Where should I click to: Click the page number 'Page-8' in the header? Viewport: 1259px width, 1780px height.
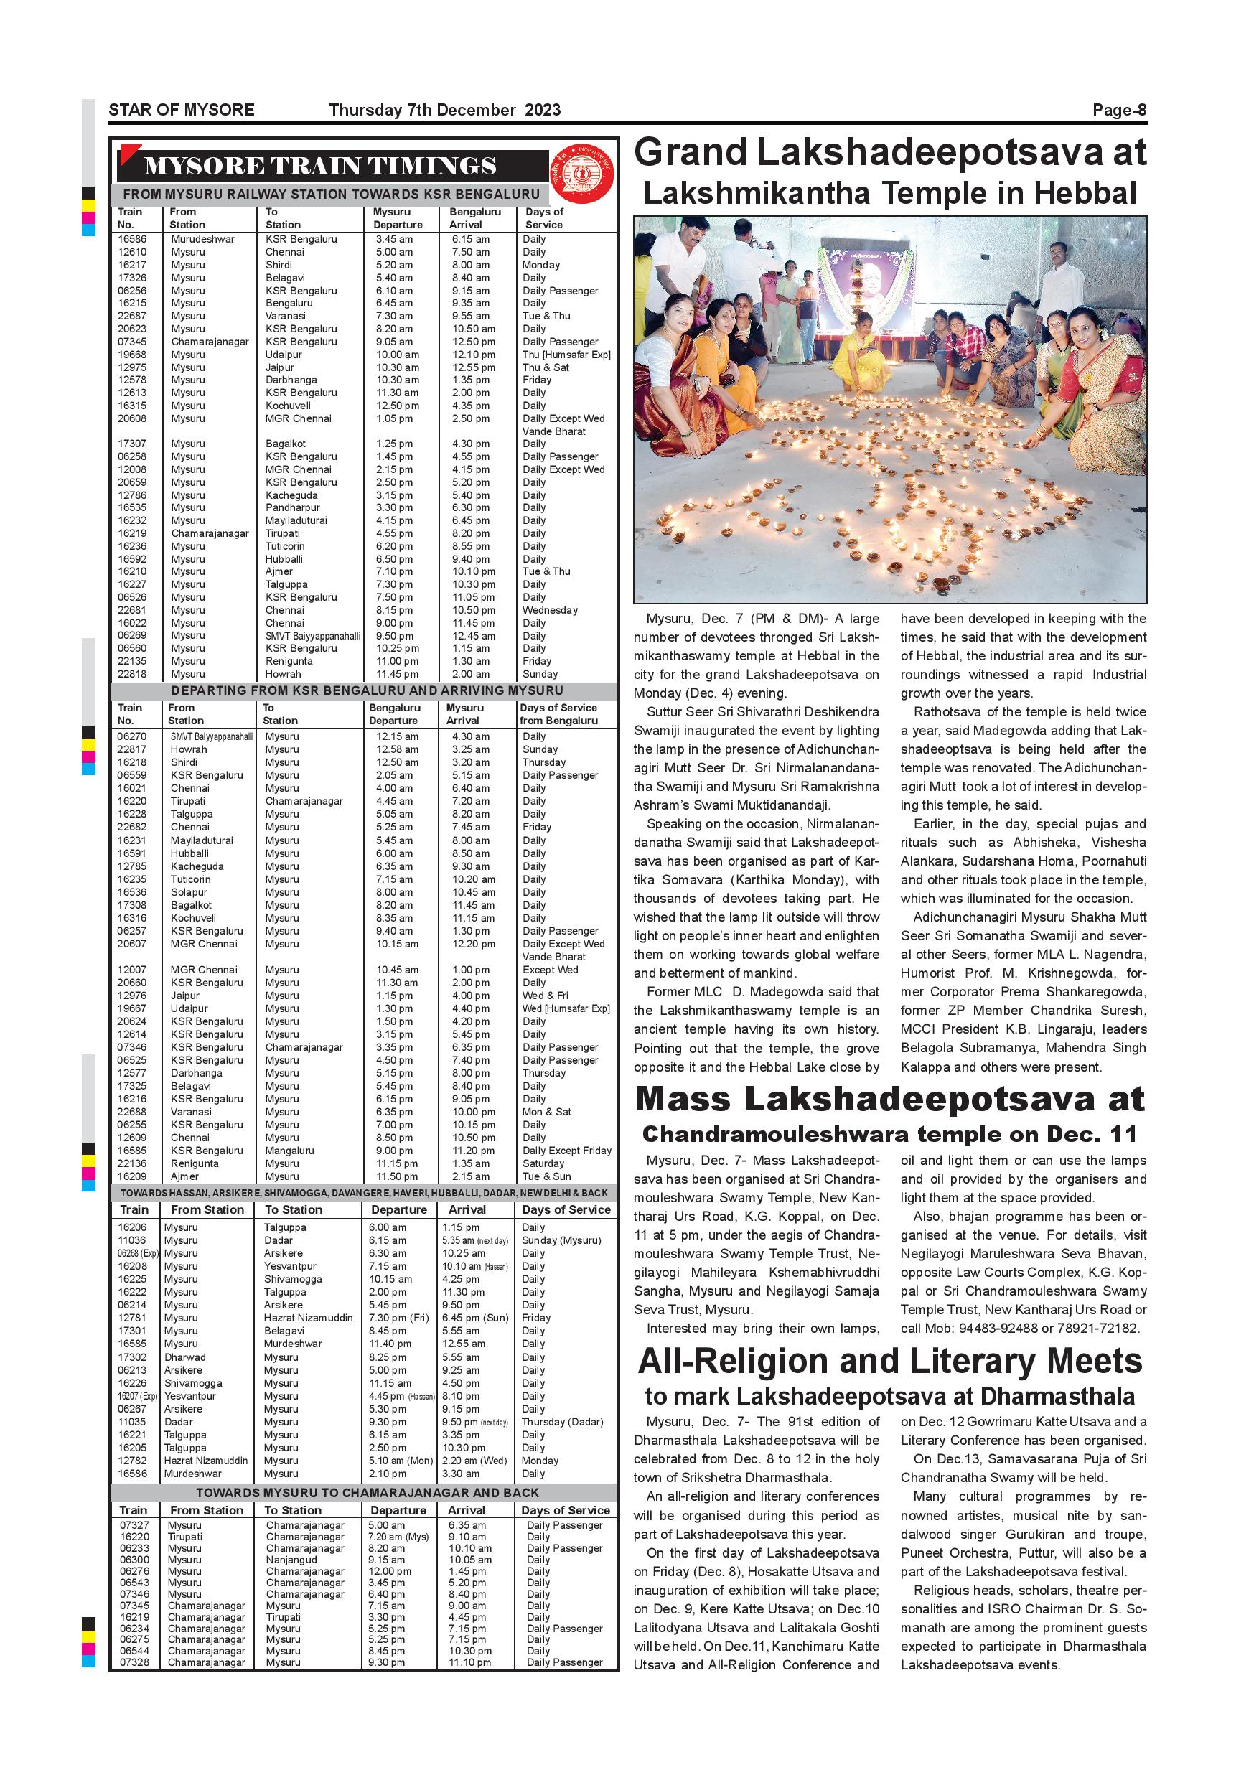click(1119, 110)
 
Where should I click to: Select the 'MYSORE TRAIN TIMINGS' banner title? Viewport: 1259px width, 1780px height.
click(320, 166)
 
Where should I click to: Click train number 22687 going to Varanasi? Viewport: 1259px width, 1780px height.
click(132, 317)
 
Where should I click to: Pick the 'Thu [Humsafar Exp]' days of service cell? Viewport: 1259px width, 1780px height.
click(566, 355)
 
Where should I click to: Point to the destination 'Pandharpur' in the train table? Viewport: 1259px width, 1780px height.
click(292, 507)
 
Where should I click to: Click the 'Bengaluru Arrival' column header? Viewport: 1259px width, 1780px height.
click(474, 218)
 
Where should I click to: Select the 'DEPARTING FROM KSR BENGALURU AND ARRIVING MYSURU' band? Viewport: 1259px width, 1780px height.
click(367, 690)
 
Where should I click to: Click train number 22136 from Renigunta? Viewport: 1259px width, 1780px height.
click(131, 1163)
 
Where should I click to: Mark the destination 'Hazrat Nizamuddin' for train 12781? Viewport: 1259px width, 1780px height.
click(308, 1318)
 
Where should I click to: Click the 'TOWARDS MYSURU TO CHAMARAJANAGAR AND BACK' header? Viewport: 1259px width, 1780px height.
click(367, 1492)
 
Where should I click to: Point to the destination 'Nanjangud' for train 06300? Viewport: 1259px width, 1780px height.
click(291, 1560)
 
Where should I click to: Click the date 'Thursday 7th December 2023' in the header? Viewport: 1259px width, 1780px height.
click(444, 110)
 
